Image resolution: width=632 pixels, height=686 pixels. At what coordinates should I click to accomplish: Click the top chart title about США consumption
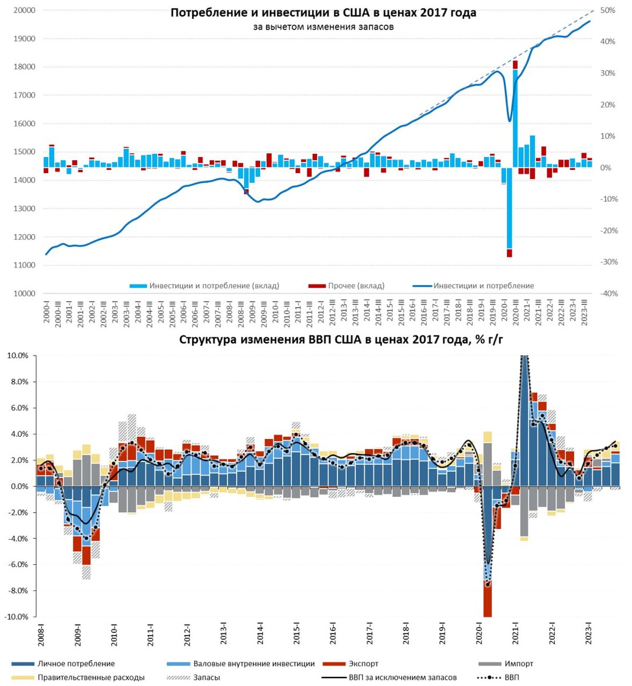[x=323, y=13]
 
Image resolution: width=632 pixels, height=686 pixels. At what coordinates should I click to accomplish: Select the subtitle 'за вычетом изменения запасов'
[x=323, y=27]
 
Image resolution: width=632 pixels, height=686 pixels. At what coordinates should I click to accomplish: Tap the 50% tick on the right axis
[x=608, y=10]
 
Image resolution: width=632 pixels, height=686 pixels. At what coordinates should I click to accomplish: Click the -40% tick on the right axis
[x=607, y=293]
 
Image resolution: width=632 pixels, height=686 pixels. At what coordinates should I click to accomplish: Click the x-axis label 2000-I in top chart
[x=46, y=312]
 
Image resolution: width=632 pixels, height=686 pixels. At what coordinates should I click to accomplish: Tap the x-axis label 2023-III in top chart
[x=584, y=312]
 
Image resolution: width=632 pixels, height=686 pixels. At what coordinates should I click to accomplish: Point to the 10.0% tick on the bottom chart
[x=17, y=356]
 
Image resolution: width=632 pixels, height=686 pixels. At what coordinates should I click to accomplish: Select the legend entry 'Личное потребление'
[x=76, y=664]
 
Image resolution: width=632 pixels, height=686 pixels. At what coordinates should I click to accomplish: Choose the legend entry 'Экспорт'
[x=363, y=664]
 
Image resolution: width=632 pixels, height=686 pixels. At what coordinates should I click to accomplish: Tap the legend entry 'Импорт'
[x=519, y=664]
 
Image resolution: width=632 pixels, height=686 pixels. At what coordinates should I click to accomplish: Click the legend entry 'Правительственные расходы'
[x=91, y=677]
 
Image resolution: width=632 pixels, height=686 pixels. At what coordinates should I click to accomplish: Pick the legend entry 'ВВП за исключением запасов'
[x=403, y=677]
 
